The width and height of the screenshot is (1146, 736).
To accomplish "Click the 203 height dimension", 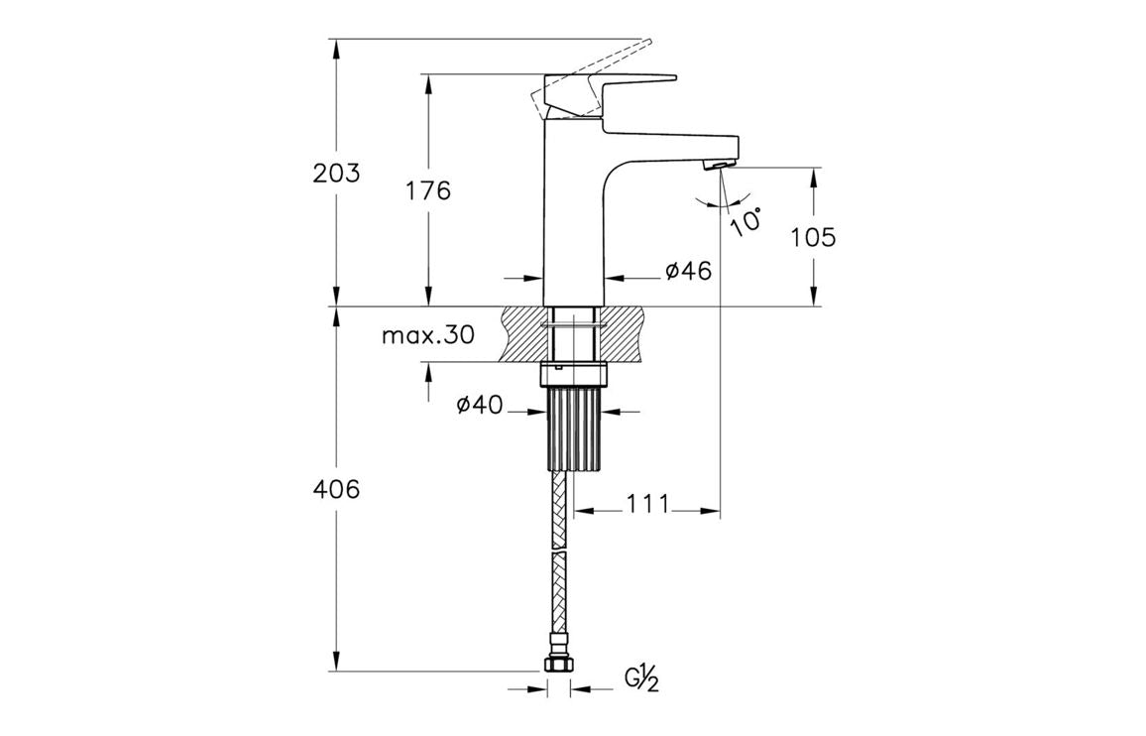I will pos(336,173).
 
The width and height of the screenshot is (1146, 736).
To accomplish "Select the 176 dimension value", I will pos(428,190).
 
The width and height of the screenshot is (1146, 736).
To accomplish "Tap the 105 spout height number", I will pos(814,237).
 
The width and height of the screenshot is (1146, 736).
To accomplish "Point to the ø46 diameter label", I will pos(688,271).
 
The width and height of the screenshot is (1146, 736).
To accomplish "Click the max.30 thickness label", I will pos(427,335).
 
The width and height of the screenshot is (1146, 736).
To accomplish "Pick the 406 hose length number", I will pos(336,489).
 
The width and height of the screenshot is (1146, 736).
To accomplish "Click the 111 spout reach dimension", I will pos(647,504).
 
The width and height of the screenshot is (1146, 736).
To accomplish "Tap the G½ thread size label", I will pos(641,679).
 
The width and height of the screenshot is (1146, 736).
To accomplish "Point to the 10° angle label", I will pos(746,219).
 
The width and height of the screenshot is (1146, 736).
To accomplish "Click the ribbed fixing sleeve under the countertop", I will pos(573,429).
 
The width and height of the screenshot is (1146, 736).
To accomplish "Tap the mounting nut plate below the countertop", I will pos(573,376).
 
